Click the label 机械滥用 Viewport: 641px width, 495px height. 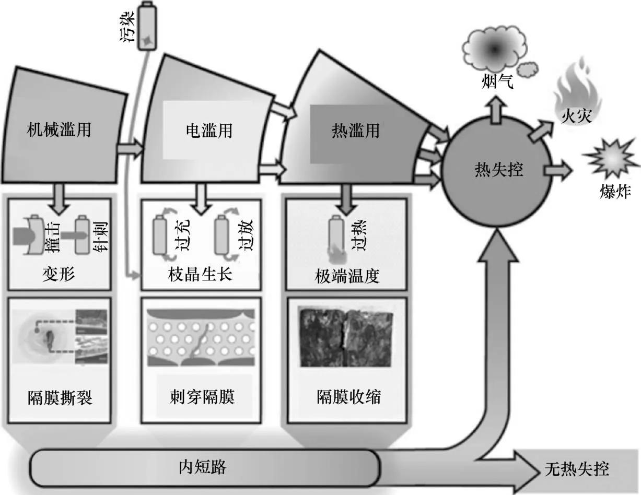(59, 129)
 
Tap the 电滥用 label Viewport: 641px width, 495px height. (208, 130)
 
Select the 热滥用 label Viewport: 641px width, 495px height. (355, 130)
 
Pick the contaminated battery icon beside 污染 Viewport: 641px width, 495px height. (146, 27)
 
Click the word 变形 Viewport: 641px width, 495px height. (59, 274)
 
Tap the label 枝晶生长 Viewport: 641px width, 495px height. (201, 274)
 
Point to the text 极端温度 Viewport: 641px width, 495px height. (347, 276)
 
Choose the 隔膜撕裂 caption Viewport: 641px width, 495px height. (60, 398)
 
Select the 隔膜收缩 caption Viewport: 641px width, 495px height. (348, 397)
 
